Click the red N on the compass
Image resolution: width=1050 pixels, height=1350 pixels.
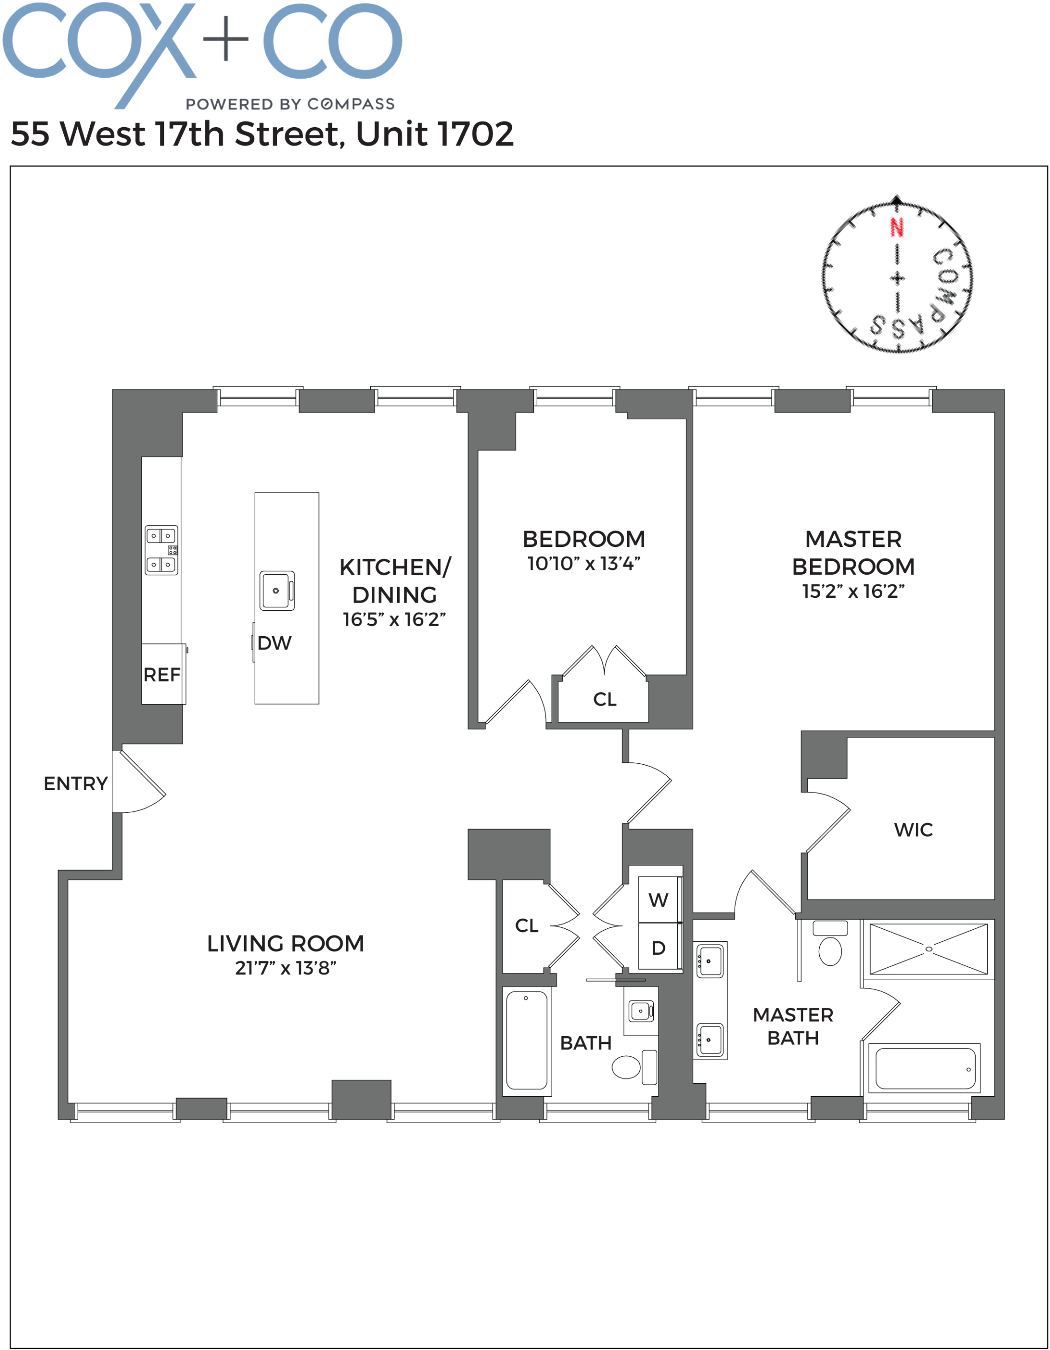click(x=896, y=227)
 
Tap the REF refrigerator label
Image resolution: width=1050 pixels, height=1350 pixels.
click(x=162, y=675)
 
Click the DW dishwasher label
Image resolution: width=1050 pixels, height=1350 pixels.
click(x=274, y=643)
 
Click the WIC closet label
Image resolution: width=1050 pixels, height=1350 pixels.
click(x=913, y=829)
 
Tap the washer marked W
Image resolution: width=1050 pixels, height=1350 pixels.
click(x=658, y=900)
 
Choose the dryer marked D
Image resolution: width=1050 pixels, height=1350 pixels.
click(x=658, y=947)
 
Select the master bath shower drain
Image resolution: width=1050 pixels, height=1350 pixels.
click(x=928, y=949)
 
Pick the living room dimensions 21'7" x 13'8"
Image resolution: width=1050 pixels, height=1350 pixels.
click(x=285, y=968)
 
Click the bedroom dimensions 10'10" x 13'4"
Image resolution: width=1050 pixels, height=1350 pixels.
click(x=583, y=564)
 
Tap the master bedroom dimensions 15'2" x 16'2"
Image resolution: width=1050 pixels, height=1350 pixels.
click(x=853, y=592)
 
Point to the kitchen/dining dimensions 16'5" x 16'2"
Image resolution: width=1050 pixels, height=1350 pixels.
click(x=394, y=619)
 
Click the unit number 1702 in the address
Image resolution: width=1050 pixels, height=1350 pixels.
click(x=474, y=134)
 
